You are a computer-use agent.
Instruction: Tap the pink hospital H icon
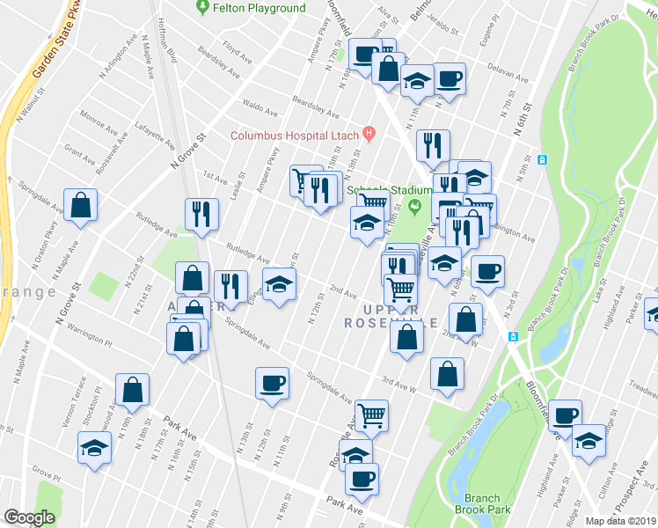point(369,134)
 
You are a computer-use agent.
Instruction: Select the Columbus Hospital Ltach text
point(296,136)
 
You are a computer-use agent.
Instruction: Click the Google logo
point(29,517)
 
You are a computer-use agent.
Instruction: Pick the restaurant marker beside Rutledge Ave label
point(201,213)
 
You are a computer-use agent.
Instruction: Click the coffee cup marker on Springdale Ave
point(271,383)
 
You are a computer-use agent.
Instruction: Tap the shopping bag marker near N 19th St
point(132,390)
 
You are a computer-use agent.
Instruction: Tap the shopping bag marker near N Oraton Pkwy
point(80,206)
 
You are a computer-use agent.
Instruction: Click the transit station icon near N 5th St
point(542,159)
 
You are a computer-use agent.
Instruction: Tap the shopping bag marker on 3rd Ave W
point(447,373)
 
